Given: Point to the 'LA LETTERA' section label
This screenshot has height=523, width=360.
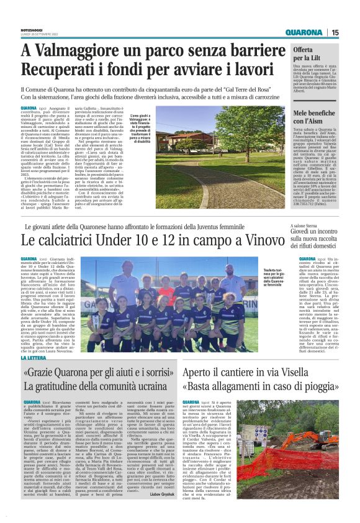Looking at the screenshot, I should pos(33,359).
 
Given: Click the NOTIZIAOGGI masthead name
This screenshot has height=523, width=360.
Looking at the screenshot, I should pos(34,29).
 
